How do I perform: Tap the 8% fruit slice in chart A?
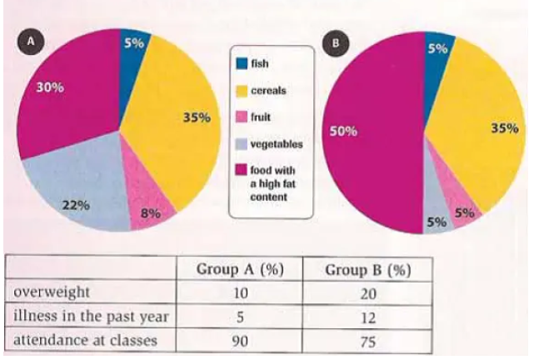(150, 208)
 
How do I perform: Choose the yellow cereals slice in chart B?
(483, 125)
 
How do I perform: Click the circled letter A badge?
(33, 39)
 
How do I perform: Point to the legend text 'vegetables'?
(277, 144)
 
